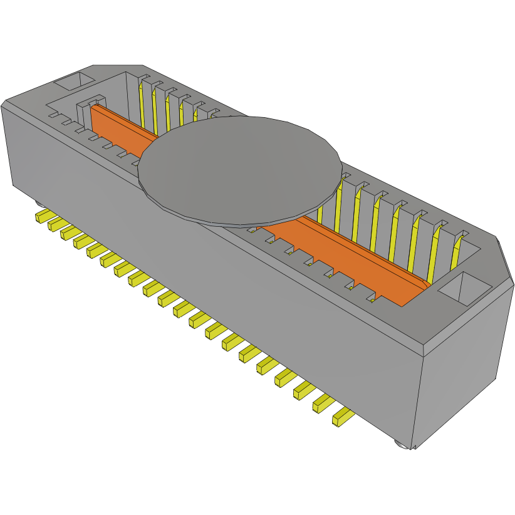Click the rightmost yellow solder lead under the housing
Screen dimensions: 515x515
[x=341, y=416]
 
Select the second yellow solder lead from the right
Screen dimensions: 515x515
[x=322, y=402]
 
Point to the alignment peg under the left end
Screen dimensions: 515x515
[x=38, y=204]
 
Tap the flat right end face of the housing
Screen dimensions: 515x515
[x=460, y=376]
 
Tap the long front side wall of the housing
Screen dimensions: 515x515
[x=207, y=276]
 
